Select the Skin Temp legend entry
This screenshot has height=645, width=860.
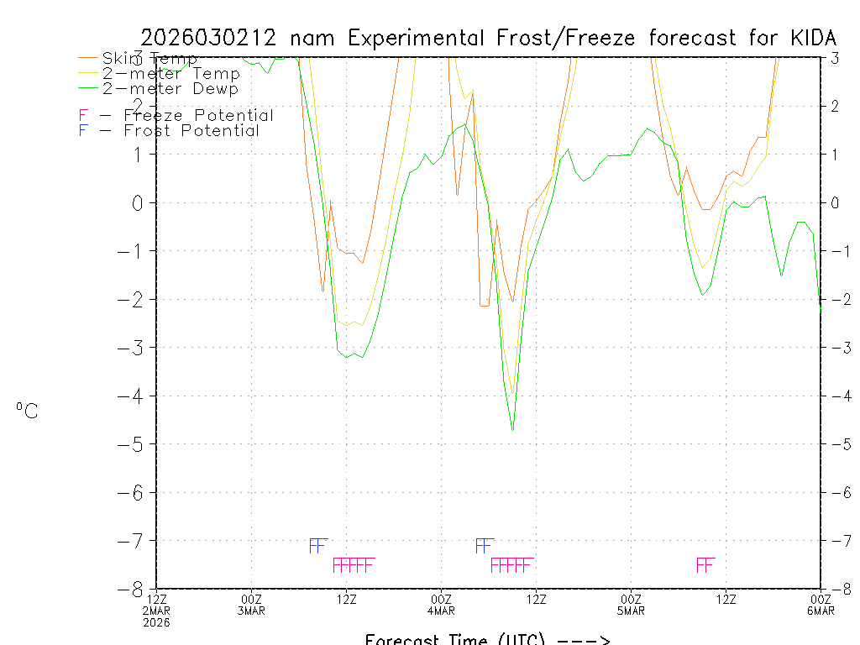click(149, 59)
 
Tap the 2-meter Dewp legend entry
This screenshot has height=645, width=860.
click(170, 88)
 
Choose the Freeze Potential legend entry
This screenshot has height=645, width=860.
click(198, 115)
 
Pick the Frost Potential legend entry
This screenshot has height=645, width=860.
click(191, 131)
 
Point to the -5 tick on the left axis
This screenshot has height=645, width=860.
click(134, 444)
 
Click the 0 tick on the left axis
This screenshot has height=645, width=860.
click(140, 202)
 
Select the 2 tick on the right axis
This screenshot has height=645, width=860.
click(836, 106)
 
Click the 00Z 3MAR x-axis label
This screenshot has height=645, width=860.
click(251, 605)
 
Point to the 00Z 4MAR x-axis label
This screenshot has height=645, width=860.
click(442, 605)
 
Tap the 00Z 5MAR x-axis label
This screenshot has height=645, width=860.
click(632, 605)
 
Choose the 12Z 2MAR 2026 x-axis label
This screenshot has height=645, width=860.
click(157, 610)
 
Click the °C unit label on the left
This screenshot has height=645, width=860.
click(27, 411)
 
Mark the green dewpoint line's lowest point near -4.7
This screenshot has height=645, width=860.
click(512, 430)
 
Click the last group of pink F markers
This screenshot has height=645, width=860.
click(705, 564)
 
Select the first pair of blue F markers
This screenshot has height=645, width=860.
click(317, 546)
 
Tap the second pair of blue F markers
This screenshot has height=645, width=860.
click(484, 546)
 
